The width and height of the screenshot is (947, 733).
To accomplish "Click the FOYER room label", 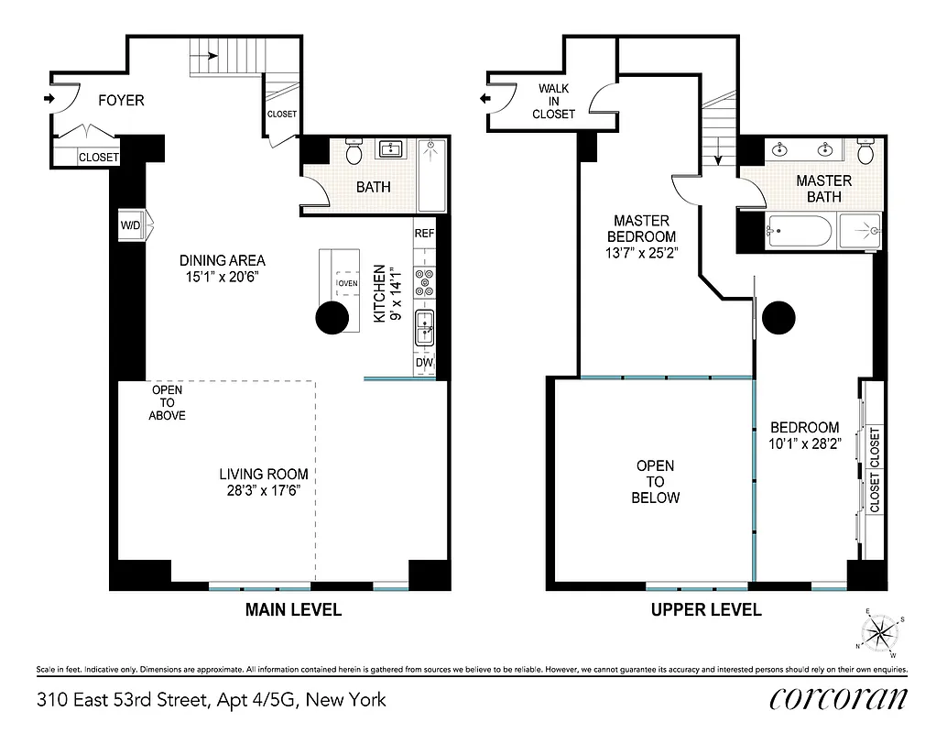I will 121,100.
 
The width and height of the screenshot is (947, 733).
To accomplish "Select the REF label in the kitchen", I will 424,233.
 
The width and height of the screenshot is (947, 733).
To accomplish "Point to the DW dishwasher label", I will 424,363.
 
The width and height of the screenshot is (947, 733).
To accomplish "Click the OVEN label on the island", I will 347,283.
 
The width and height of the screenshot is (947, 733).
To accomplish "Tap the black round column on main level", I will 332,318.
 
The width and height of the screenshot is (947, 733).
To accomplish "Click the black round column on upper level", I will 778,317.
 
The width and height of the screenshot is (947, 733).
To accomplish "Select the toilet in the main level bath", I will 355,149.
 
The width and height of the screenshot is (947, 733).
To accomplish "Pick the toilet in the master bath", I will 865,149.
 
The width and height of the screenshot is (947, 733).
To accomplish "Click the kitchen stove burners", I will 425,282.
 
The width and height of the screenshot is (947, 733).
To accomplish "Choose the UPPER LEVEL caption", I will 706,609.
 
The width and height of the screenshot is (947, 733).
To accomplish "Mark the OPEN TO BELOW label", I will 657,482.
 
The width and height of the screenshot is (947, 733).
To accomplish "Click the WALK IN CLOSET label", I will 554,101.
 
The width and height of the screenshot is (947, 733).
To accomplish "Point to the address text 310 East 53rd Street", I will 212,701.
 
